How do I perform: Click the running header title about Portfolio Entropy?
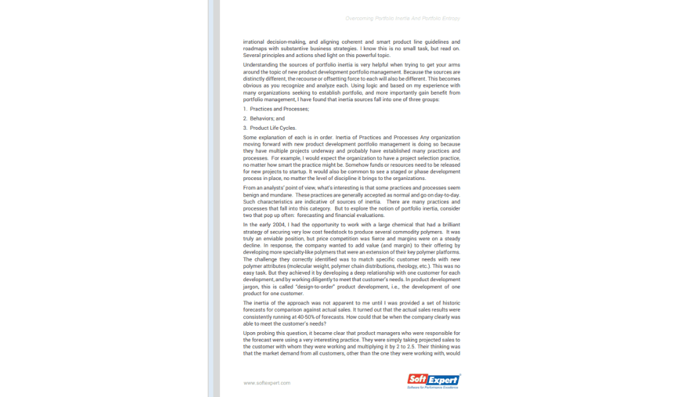point(403,19)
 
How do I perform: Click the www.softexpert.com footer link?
point(266,382)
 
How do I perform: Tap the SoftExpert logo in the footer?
point(434,380)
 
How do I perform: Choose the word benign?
point(251,196)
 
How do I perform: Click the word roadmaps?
point(254,48)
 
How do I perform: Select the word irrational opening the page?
point(255,42)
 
